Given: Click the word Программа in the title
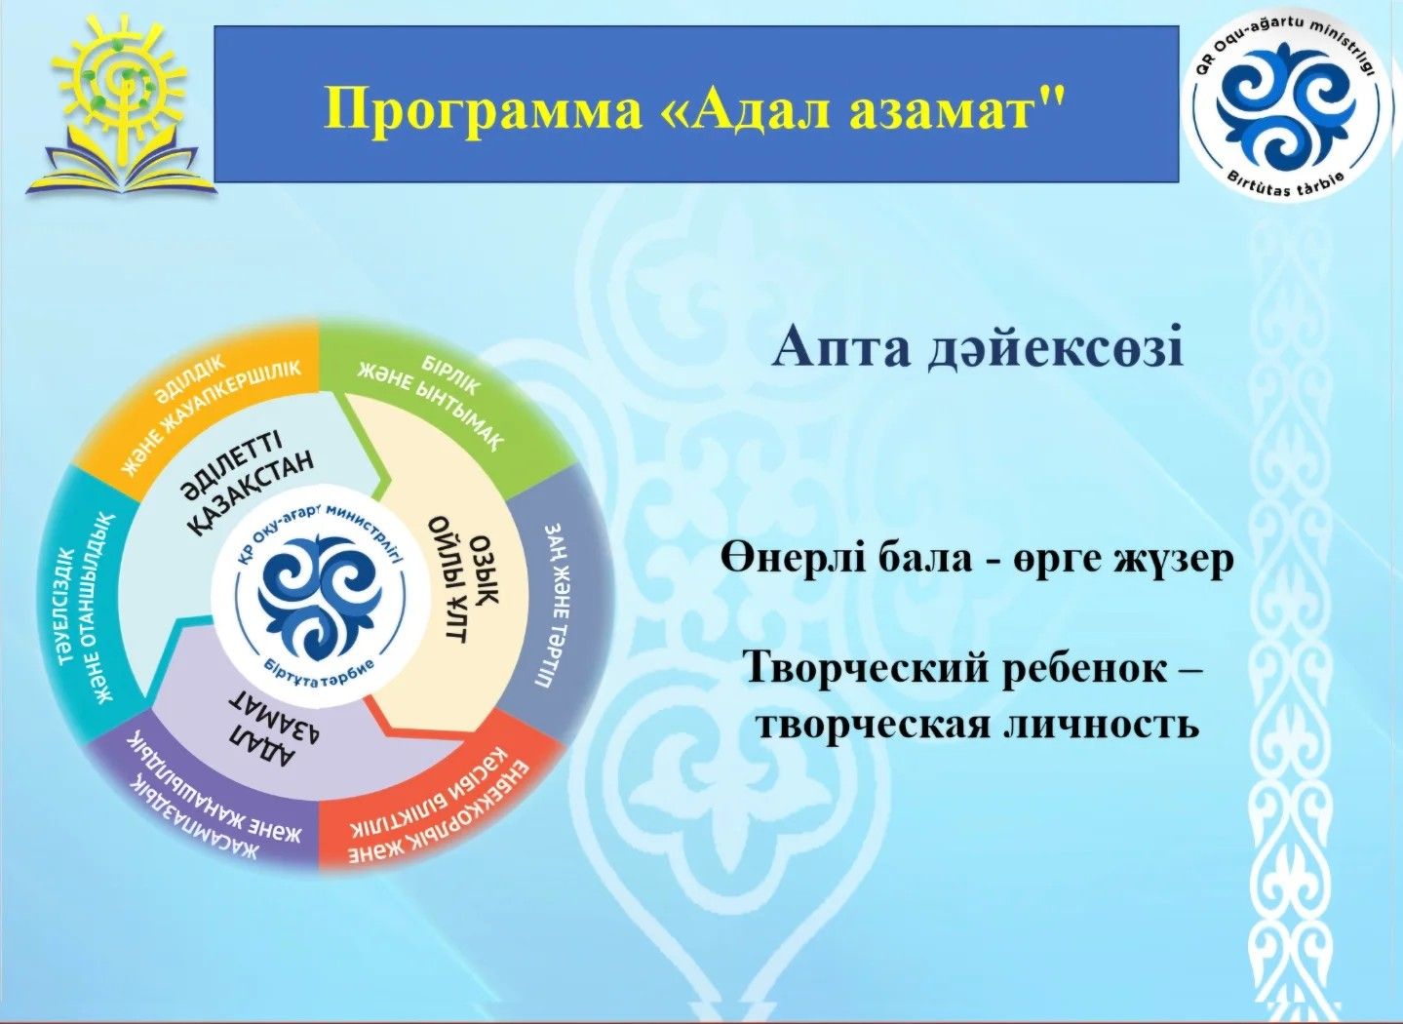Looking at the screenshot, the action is coord(484,107).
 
